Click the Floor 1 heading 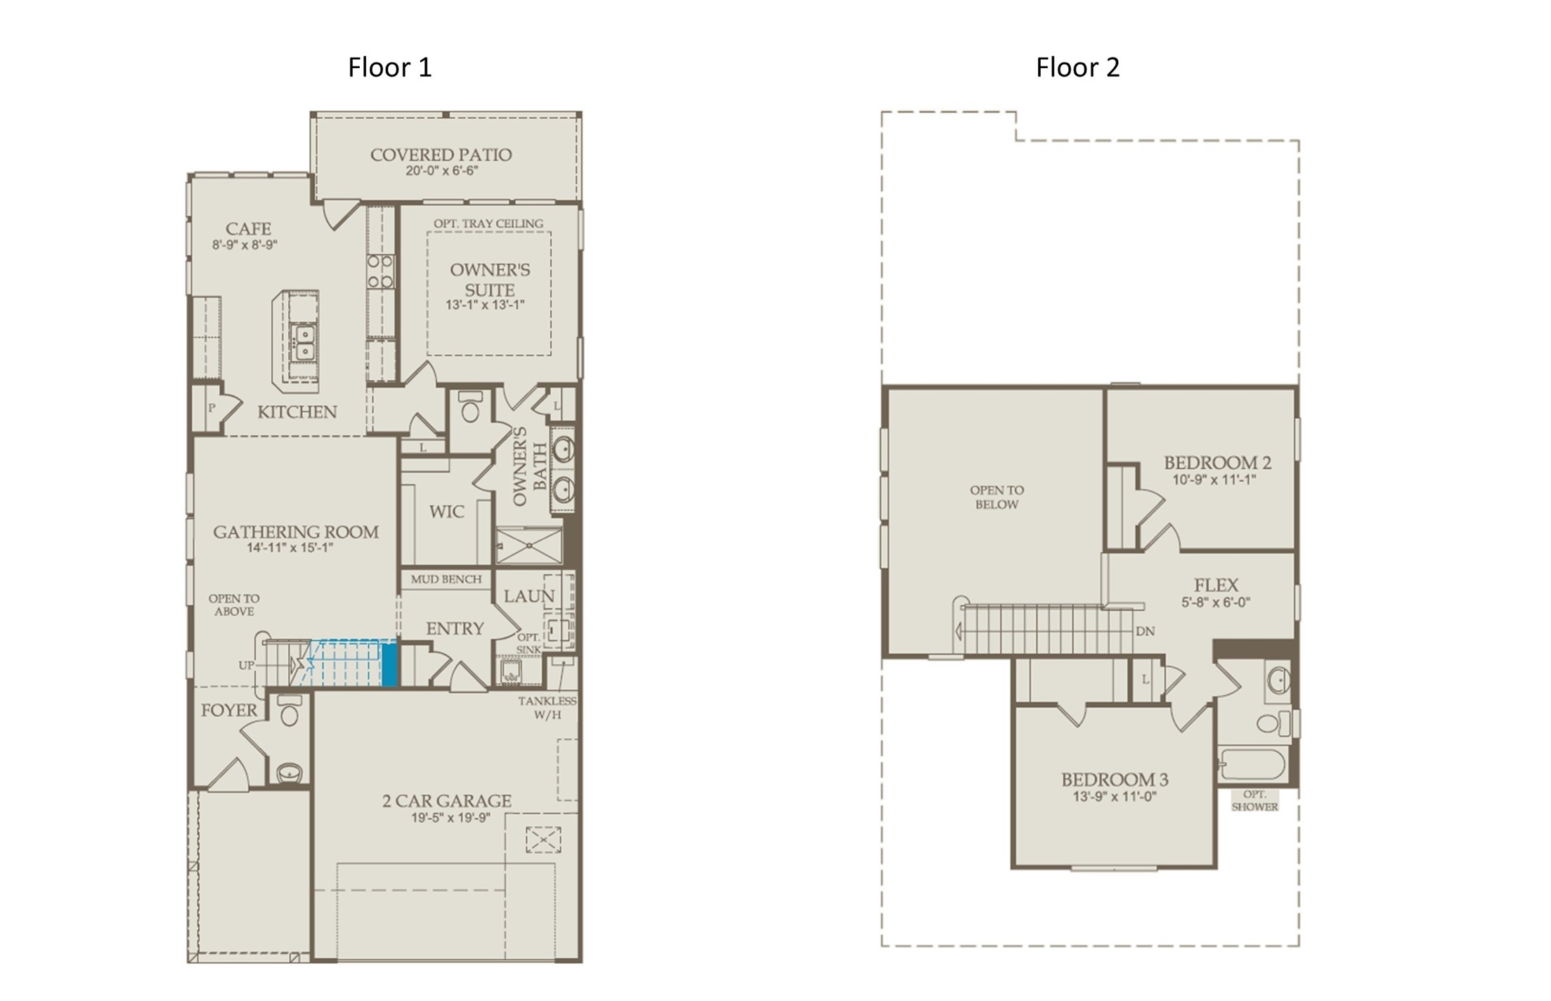(390, 67)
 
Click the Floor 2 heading (1077, 67)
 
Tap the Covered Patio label (441, 155)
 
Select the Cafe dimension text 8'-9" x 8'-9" (245, 245)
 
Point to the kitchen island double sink (304, 342)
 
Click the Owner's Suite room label (490, 280)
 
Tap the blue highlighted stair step (389, 664)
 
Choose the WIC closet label (447, 512)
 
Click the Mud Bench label (446, 579)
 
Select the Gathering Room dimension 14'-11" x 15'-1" (290, 548)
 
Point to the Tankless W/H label (547, 708)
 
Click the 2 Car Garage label (447, 801)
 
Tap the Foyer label (229, 710)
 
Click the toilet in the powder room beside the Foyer (290, 710)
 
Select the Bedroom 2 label (1217, 463)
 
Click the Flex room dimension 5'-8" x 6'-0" (1216, 602)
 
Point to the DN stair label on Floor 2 (1146, 631)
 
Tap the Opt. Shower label (1254, 801)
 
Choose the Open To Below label (997, 497)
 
